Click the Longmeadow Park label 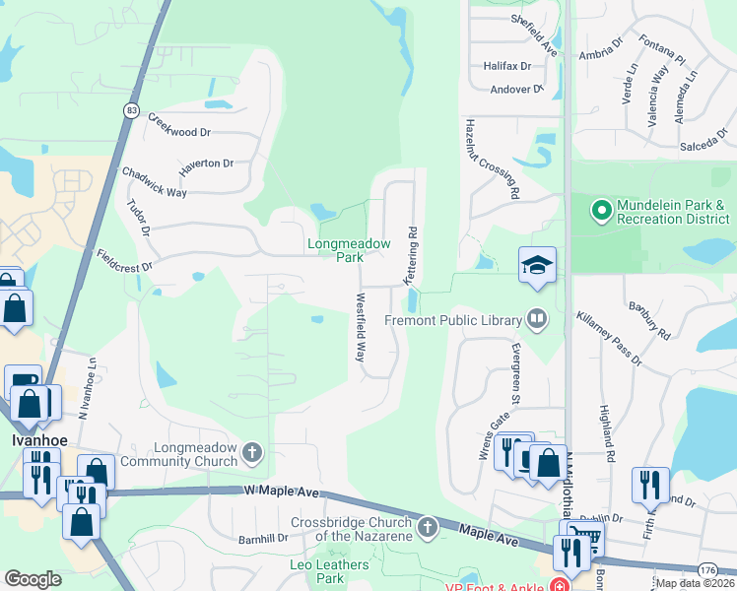click(x=349, y=250)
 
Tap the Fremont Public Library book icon click(x=537, y=318)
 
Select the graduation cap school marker click(x=537, y=264)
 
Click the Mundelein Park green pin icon click(x=601, y=210)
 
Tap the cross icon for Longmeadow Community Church click(x=252, y=453)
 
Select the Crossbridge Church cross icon click(x=428, y=528)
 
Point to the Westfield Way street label click(x=361, y=325)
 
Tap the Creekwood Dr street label click(x=179, y=125)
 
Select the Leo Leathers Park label click(x=329, y=570)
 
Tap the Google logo click(x=33, y=579)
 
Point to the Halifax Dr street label click(x=507, y=66)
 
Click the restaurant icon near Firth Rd click(x=650, y=485)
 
